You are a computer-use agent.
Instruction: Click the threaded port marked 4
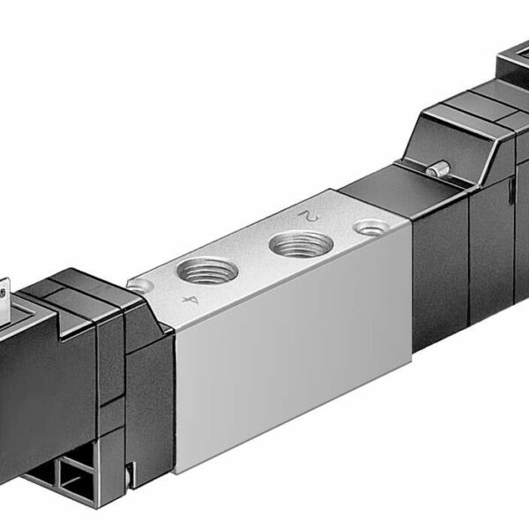point(205,269)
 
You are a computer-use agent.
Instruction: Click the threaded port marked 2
point(301,242)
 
